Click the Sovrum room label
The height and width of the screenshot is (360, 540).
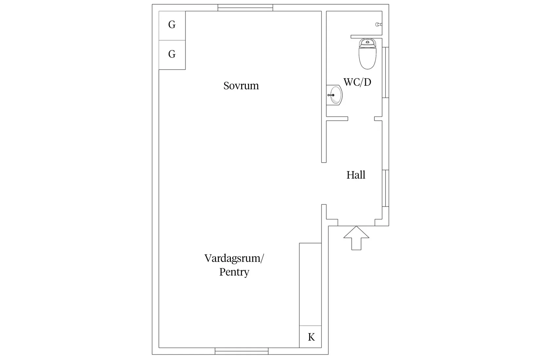(241, 86)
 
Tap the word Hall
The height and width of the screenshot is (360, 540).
(356, 175)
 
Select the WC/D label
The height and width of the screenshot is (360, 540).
(357, 82)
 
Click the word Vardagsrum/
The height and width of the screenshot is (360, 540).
(234, 259)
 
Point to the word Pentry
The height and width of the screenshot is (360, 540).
(234, 272)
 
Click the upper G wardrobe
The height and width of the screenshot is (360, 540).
(172, 26)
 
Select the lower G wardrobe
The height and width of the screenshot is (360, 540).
(172, 55)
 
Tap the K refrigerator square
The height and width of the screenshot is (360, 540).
(311, 337)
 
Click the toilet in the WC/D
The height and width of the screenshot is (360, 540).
(368, 54)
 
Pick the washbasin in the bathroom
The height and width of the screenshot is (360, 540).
(334, 95)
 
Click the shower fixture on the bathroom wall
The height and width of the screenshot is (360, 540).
(378, 24)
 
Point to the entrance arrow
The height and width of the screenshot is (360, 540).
(356, 238)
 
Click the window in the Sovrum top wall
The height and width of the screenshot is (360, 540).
(245, 8)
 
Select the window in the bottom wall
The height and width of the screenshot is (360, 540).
(242, 351)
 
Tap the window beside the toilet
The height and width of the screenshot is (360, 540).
(386, 72)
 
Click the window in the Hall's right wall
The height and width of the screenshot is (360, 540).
(386, 188)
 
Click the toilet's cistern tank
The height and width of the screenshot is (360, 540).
(368, 43)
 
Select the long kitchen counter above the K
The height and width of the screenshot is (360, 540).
(311, 284)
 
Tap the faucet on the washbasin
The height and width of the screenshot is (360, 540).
(331, 95)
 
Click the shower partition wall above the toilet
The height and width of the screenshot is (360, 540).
(367, 37)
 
